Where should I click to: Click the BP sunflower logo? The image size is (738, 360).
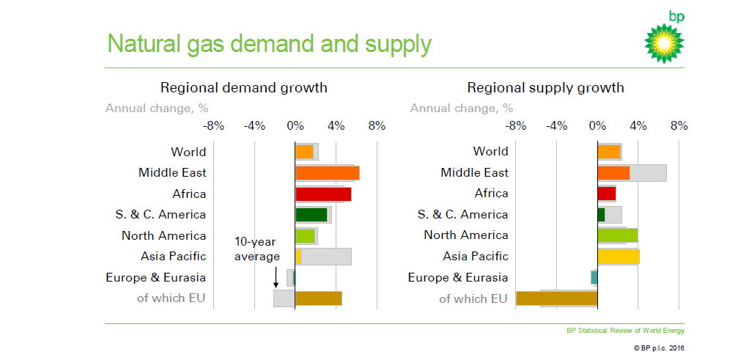tap(665, 43)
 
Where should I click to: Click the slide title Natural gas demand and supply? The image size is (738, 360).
tap(269, 44)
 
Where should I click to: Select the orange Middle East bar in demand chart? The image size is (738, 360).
tap(327, 173)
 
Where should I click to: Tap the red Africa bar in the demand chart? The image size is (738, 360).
tap(323, 194)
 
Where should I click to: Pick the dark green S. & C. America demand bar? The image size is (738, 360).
tap(311, 215)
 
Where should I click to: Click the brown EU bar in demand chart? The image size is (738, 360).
tap(318, 298)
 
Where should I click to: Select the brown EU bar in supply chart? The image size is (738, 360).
tap(557, 298)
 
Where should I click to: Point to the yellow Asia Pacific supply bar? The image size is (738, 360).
tap(618, 257)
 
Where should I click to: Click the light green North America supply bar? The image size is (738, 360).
tap(617, 235)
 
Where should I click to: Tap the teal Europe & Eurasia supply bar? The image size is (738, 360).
tap(594, 278)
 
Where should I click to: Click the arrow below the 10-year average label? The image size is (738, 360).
tap(276, 276)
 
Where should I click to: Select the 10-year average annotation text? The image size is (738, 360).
tap(257, 249)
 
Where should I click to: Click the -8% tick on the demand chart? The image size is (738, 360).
tap(213, 126)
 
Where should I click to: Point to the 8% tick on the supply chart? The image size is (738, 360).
tap(679, 126)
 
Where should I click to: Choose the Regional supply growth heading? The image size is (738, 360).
tap(546, 88)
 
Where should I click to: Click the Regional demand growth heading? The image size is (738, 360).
tap(244, 88)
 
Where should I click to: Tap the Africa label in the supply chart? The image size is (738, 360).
tap(491, 194)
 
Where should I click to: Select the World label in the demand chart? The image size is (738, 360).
tap(188, 153)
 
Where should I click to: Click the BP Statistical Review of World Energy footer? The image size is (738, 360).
tap(625, 331)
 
